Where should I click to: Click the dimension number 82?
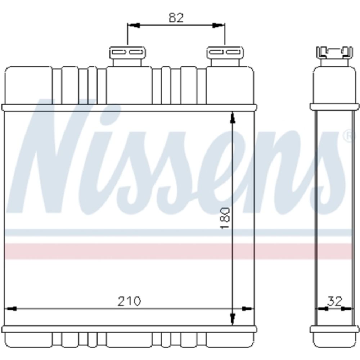(x=176, y=18)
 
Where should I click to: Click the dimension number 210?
(x=129, y=301)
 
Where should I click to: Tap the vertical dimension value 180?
(x=225, y=218)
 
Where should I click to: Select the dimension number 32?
(x=334, y=301)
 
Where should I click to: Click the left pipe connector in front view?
(x=127, y=56)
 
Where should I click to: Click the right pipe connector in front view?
(x=225, y=56)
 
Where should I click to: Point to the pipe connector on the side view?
(x=334, y=56)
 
